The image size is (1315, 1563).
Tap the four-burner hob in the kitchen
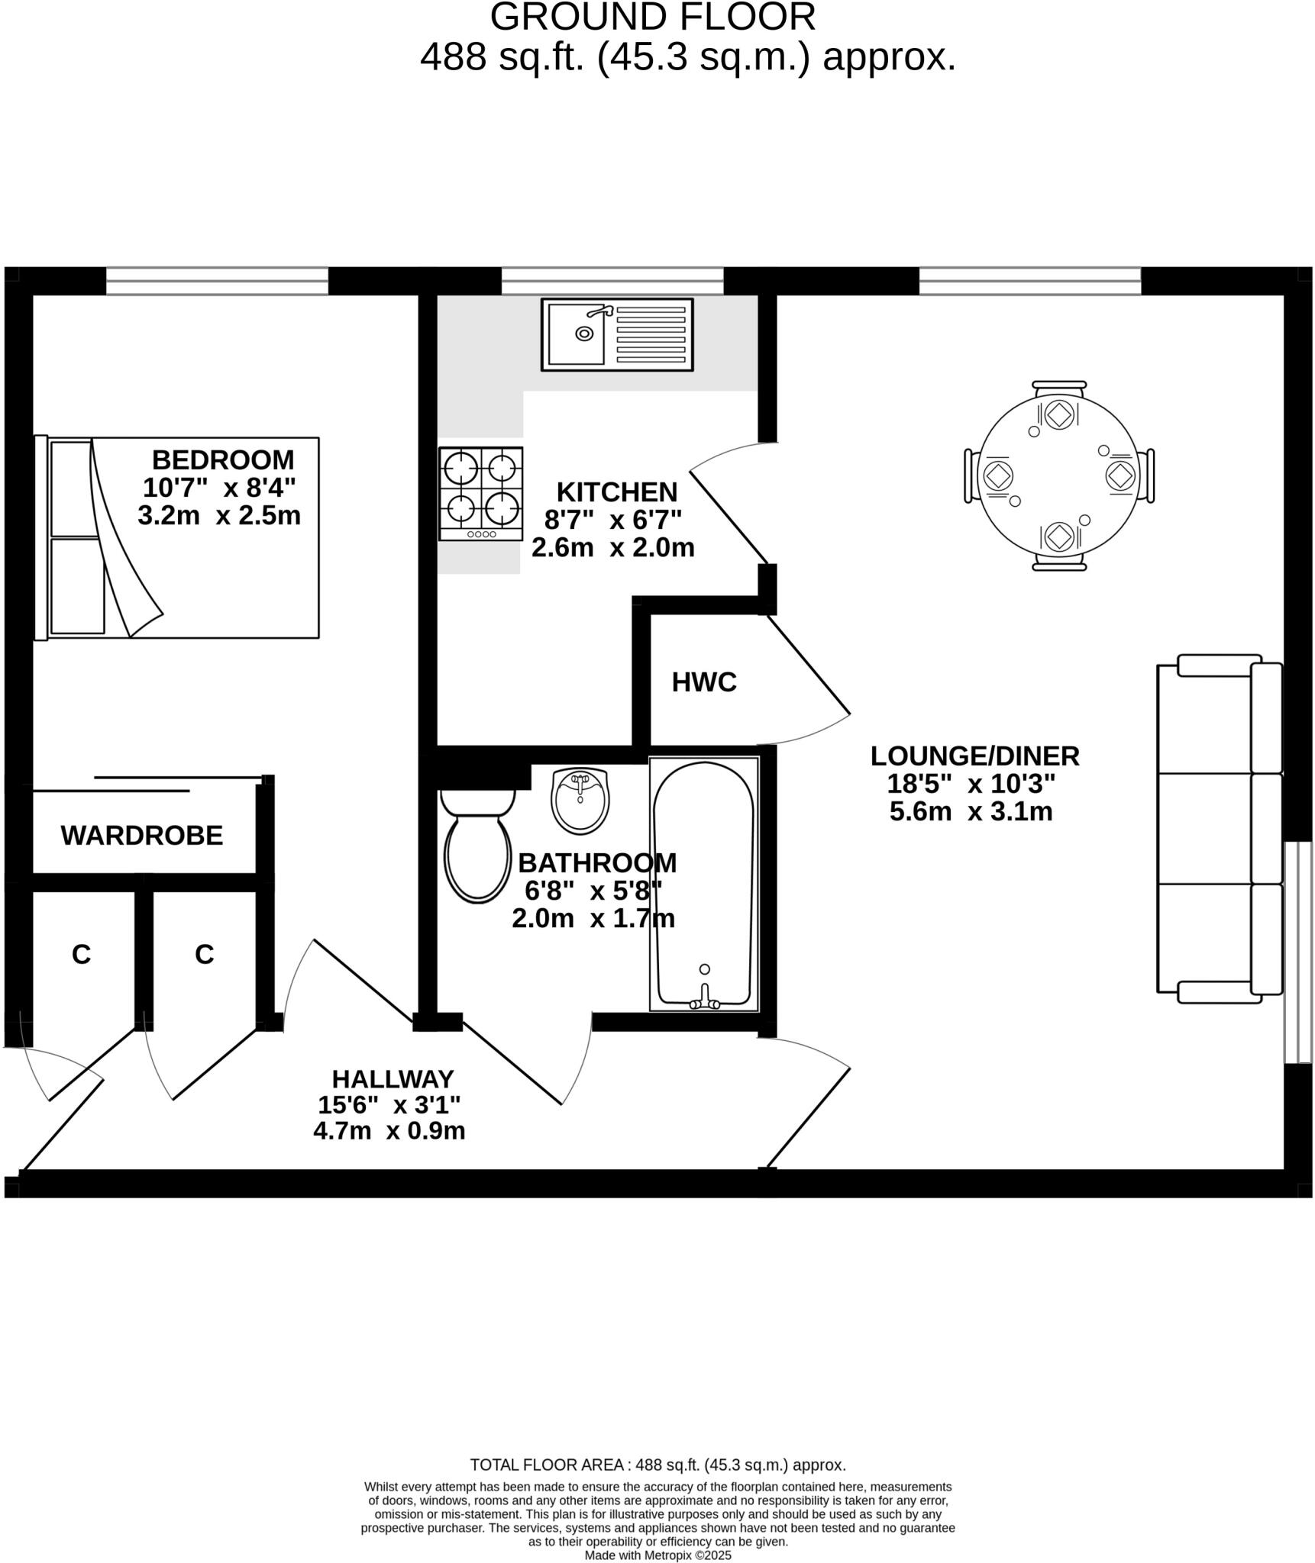click(x=480, y=493)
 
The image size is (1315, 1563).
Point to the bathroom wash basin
click(x=580, y=800)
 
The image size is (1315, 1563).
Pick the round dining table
click(x=1058, y=476)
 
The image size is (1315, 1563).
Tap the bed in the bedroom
click(x=177, y=537)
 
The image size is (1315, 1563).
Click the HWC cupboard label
click(x=704, y=682)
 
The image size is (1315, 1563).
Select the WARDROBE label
click(x=142, y=836)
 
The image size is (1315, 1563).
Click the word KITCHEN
click(x=616, y=492)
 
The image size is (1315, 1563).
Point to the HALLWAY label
click(x=393, y=1079)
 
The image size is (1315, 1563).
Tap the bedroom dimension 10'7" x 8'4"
click(x=219, y=488)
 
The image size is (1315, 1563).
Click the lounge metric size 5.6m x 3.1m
click(x=971, y=811)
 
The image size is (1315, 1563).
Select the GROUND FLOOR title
click(x=653, y=17)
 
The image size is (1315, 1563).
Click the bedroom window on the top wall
click(x=217, y=281)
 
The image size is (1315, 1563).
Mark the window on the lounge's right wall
click(x=1297, y=952)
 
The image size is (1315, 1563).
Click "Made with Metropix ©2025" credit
click(x=657, y=1555)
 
